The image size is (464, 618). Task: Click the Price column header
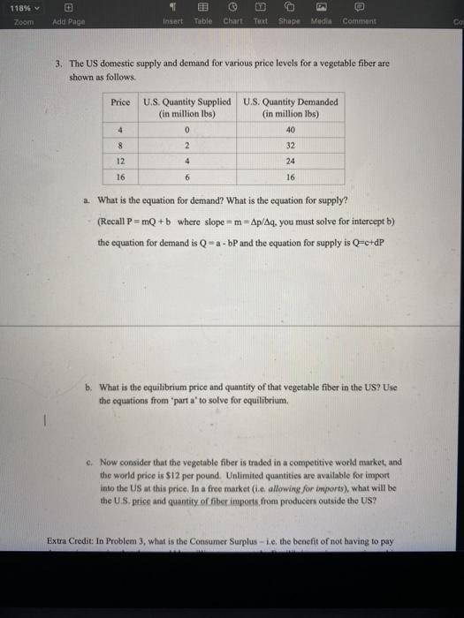[x=120, y=102]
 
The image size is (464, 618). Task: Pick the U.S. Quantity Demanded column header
[x=290, y=108]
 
